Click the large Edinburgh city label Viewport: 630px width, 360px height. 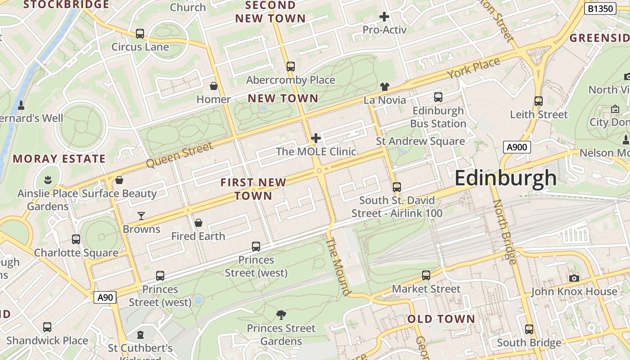505,178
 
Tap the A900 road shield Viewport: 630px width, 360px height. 517,147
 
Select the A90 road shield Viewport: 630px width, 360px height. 105,297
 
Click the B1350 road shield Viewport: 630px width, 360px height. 600,9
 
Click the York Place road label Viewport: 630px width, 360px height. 473,68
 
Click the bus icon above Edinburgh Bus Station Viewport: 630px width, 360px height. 438,97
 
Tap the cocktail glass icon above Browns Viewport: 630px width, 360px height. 141,216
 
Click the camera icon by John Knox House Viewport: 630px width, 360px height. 574,278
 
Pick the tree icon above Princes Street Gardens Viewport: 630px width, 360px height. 281,315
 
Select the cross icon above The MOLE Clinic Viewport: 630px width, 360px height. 316,138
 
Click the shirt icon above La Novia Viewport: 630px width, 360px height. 384,86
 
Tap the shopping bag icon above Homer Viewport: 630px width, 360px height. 214,85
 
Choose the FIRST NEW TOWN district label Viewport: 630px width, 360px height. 253,189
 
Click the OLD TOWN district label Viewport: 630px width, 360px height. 441,319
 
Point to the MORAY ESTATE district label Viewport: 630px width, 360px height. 59,159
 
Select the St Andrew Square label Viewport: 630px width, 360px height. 420,141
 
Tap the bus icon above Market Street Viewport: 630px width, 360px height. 426,275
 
